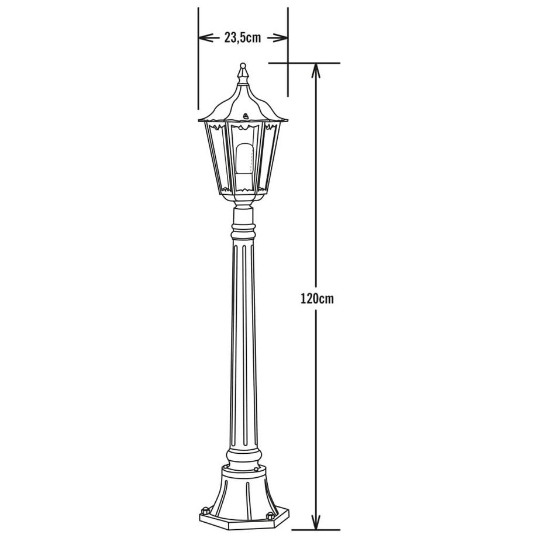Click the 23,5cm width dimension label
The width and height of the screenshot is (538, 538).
pos(243,38)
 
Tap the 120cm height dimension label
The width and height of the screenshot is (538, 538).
pos(317,298)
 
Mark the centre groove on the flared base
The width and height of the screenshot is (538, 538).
pos(243,497)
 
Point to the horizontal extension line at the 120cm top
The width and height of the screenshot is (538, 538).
pos(304,63)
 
